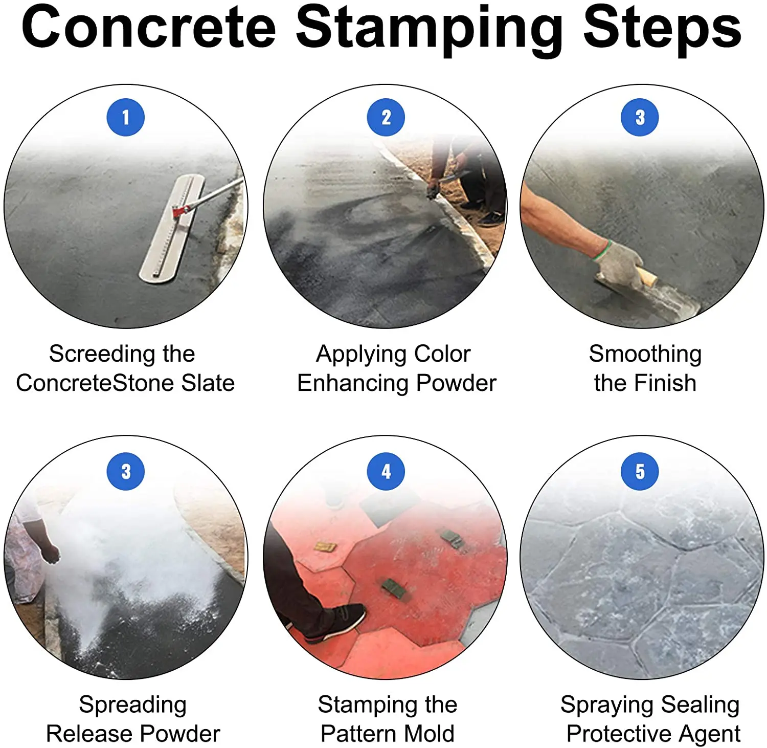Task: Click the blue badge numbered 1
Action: pyautogui.click(x=126, y=117)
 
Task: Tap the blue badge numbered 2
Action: pyautogui.click(x=386, y=117)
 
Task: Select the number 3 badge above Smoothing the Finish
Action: pyautogui.click(x=640, y=117)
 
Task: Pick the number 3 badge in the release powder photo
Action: pyautogui.click(x=126, y=471)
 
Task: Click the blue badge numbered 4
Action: pyautogui.click(x=386, y=471)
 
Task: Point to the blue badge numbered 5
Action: pyautogui.click(x=640, y=471)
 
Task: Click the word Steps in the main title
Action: pyautogui.click(x=663, y=28)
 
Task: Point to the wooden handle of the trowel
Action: pyautogui.click(x=645, y=277)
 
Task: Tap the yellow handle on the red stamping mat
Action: pyautogui.click(x=325, y=547)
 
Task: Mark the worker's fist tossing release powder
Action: pyautogui.click(x=51, y=553)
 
